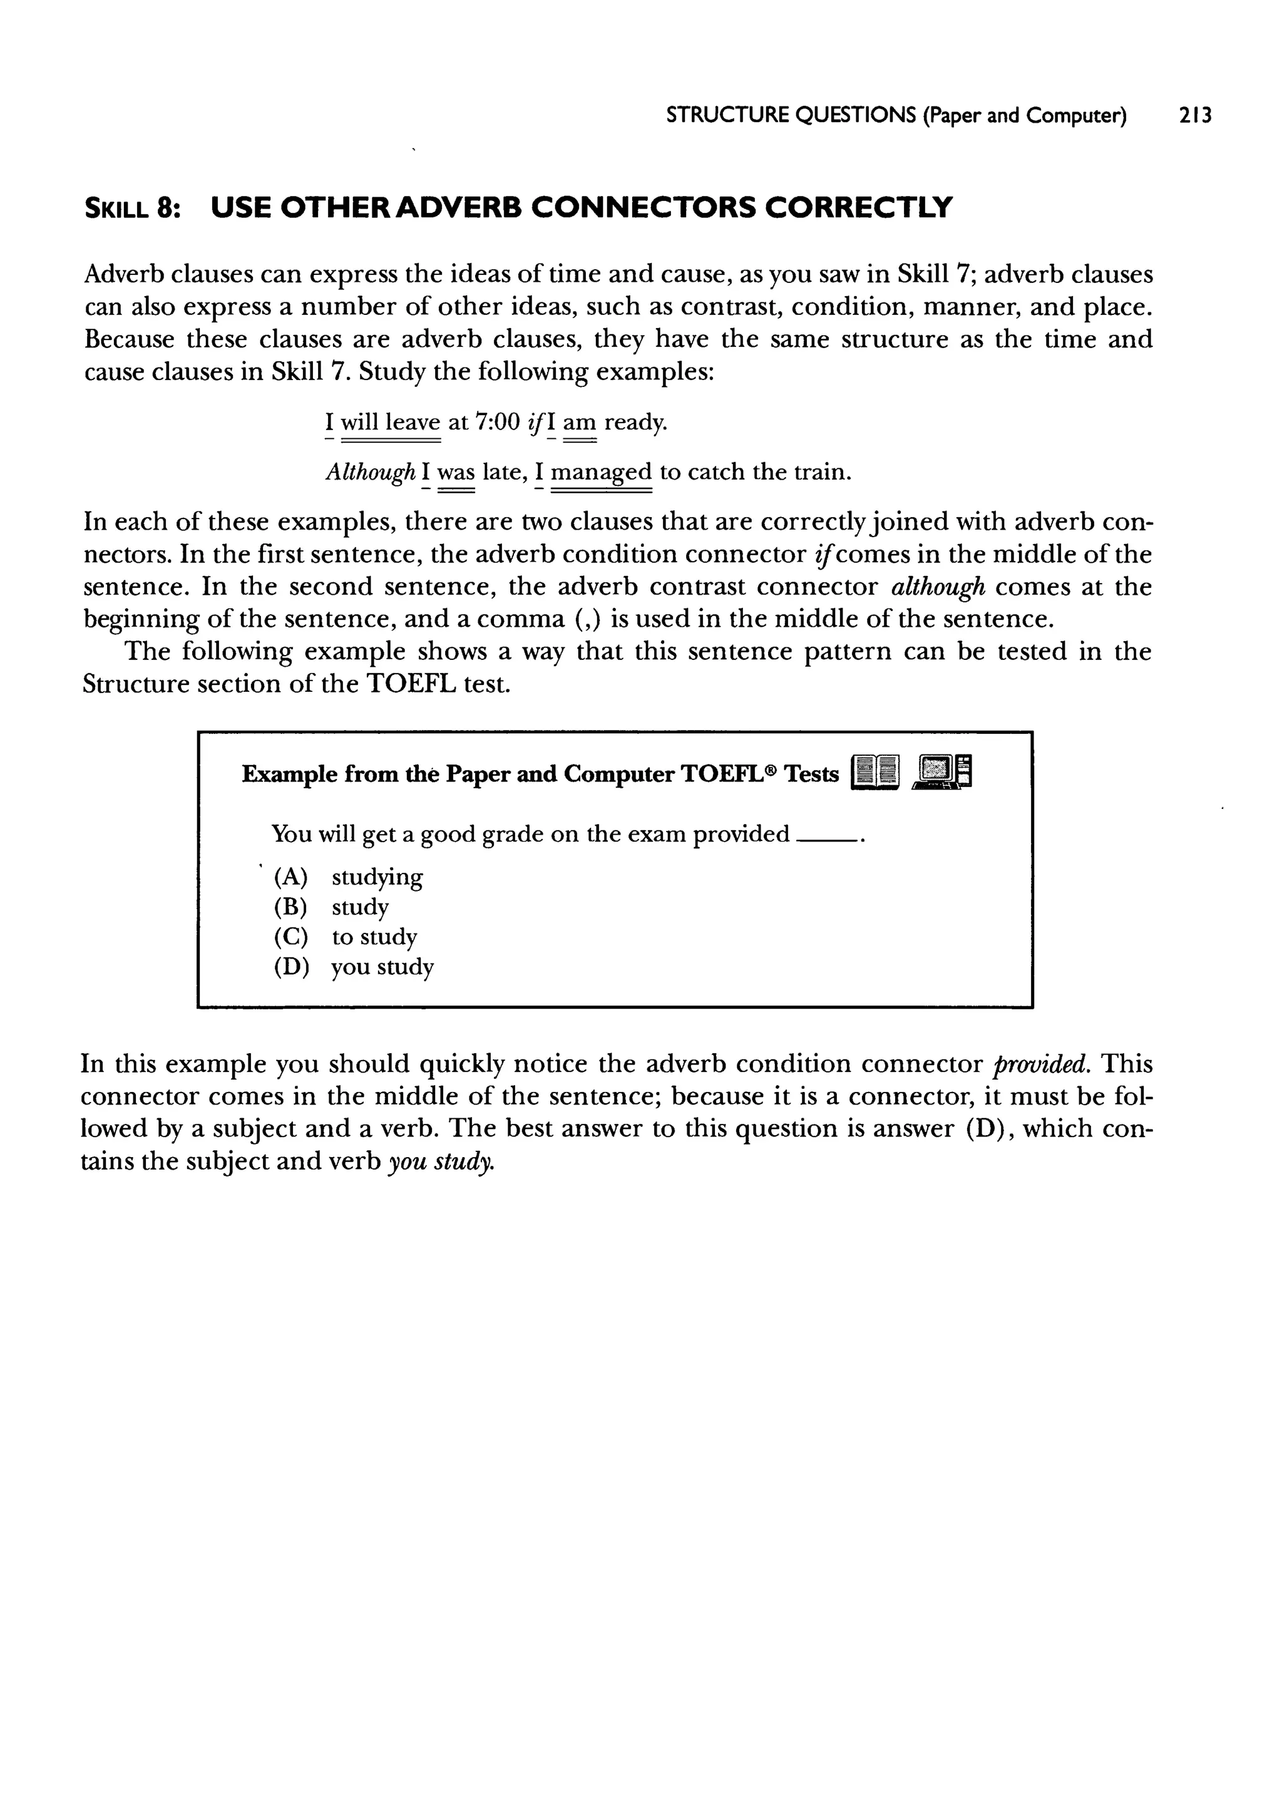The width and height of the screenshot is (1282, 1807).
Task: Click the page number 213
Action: [x=1194, y=116]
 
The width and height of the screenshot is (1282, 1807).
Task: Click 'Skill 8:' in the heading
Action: [x=133, y=208]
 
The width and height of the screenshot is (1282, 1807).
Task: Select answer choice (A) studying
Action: [x=348, y=877]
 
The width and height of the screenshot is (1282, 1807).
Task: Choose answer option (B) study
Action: [x=332, y=907]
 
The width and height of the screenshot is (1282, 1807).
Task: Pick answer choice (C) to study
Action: [x=345, y=937]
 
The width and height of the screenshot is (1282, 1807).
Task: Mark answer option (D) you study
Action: [x=354, y=967]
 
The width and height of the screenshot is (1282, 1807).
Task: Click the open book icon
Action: [x=876, y=773]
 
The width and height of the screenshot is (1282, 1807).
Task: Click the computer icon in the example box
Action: [x=941, y=772]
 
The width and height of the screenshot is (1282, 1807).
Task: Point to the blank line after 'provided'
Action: [x=826, y=841]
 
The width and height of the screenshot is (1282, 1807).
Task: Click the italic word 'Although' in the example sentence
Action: [x=370, y=472]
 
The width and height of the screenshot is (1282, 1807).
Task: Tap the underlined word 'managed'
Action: [x=601, y=472]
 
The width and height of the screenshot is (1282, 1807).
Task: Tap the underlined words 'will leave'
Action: [x=390, y=423]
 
